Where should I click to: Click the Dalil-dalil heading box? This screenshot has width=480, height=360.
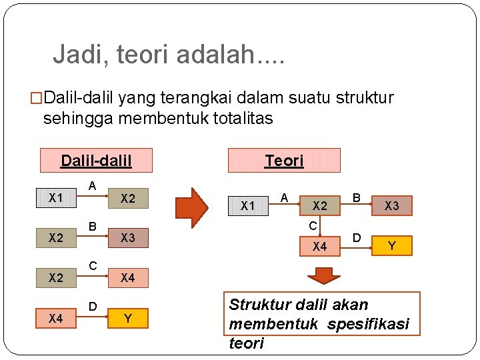pos(96,161)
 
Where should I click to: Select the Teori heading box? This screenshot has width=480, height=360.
pos(284,161)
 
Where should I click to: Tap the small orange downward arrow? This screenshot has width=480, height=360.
pos(325,275)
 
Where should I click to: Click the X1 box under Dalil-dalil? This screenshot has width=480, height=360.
pos(56,198)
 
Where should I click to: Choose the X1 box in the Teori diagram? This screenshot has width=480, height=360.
pos(248,206)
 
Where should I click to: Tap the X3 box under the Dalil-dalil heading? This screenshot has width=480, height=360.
pos(128,238)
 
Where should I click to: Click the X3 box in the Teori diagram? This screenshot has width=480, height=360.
pos(392,206)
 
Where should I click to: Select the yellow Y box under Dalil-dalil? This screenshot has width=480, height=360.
pos(128,319)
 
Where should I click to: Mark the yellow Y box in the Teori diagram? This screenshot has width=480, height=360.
pos(392,246)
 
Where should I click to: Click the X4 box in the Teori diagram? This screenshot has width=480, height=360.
pos(320,247)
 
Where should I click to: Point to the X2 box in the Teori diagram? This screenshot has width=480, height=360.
pos(320,206)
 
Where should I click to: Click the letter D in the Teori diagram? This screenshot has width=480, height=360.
pos(357,237)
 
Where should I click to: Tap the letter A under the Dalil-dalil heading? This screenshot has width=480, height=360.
pos(93,185)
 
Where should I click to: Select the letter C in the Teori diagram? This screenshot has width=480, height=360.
pos(312,226)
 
